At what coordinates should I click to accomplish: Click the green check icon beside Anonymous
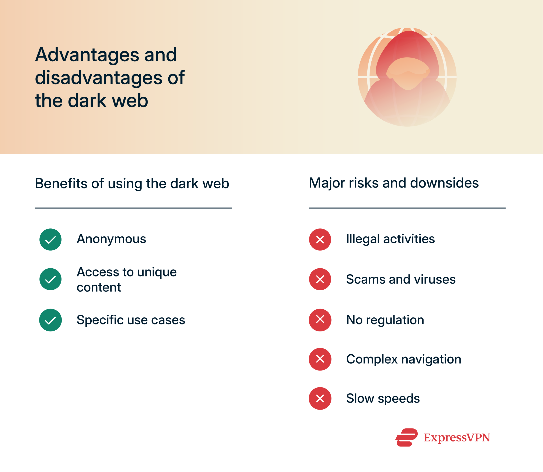(50, 240)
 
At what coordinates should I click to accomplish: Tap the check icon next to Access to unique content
(50, 279)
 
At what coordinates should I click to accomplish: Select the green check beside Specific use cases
(50, 320)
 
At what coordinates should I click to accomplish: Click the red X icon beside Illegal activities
(320, 240)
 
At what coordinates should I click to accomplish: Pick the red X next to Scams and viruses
(320, 279)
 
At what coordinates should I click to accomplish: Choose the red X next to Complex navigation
(320, 359)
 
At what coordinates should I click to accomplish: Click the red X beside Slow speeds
(320, 399)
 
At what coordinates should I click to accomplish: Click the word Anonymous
(111, 239)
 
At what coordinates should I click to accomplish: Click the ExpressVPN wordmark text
(457, 438)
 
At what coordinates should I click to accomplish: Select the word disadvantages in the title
(99, 78)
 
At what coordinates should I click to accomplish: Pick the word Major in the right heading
(326, 183)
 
